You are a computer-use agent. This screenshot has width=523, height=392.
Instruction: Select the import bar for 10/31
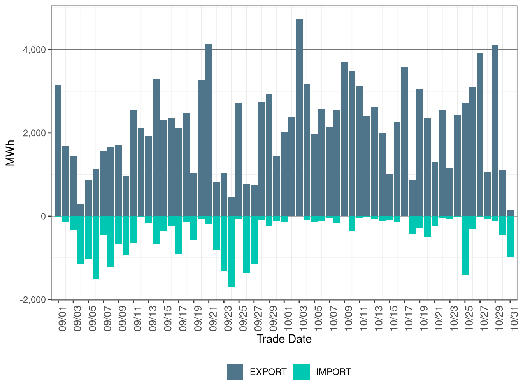pyautogui.click(x=510, y=237)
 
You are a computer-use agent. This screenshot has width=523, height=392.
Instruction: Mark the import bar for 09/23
pyautogui.click(x=224, y=243)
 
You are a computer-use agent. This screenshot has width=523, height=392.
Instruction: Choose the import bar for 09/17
pyautogui.click(x=179, y=235)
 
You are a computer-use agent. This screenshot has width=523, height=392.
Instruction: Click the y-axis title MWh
pyautogui.click(x=11, y=153)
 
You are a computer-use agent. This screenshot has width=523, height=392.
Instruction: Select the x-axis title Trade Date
pyautogui.click(x=284, y=339)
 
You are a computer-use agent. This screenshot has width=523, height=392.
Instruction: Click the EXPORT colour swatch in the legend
pyautogui.click(x=235, y=372)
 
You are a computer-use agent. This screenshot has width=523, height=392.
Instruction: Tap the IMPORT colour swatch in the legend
pyautogui.click(x=302, y=372)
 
